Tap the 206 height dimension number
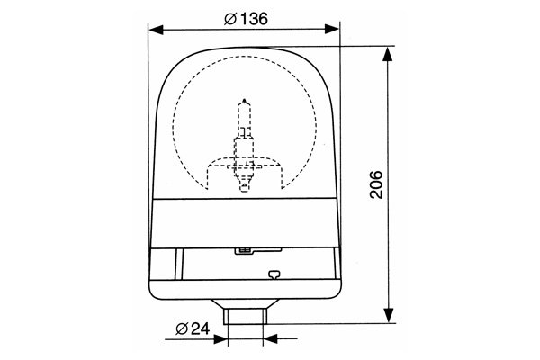tap(376, 184)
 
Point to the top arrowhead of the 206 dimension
tap(389, 55)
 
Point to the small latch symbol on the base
tap(274, 277)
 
